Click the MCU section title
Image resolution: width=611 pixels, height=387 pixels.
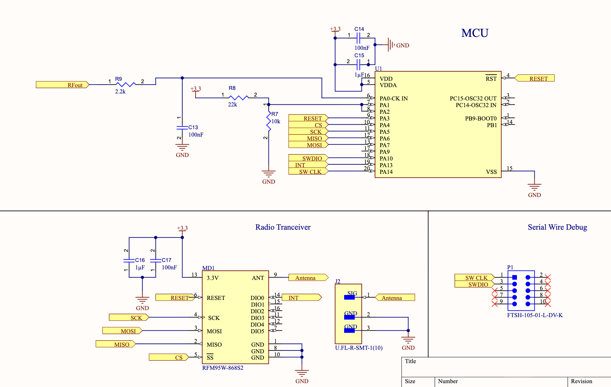(475, 33)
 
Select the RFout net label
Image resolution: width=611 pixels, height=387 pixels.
(63, 85)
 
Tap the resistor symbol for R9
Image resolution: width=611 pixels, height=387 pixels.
(125, 84)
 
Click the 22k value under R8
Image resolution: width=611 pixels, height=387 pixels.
(232, 105)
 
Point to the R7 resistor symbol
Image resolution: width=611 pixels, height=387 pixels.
(269, 121)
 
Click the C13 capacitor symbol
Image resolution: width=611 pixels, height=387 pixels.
(182, 127)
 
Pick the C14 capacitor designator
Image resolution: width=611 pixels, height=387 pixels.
(359, 29)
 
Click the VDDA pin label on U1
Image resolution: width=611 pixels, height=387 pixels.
(388, 85)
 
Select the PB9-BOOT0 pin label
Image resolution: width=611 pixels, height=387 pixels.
(481, 119)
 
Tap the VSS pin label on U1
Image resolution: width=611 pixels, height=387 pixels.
(491, 172)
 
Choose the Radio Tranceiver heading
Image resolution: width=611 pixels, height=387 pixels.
(283, 227)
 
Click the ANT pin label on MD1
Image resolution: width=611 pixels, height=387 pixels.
(258, 278)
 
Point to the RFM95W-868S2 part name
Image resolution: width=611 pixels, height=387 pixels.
(223, 368)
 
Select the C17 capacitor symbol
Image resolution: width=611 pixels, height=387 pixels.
(156, 260)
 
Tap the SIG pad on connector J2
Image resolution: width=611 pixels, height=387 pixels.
(349, 297)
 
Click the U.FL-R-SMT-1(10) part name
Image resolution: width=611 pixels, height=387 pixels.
(359, 348)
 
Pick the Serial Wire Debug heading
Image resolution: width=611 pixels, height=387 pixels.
(557, 227)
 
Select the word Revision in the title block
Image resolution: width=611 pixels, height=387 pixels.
(582, 381)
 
